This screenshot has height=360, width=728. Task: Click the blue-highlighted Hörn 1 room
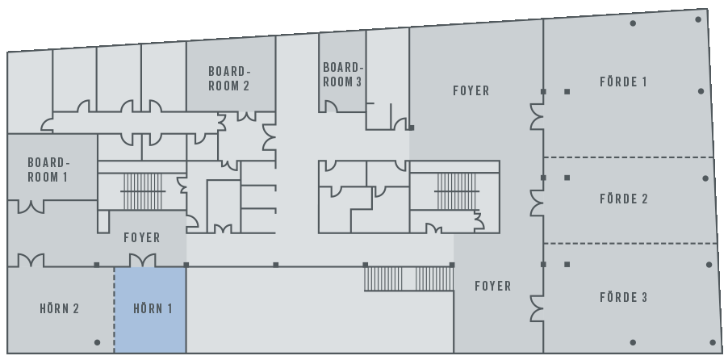pyautogui.click(x=150, y=310)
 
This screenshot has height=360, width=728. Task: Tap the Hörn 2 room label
pyautogui.click(x=60, y=309)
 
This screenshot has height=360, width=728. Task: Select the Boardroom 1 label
pyautogui.click(x=48, y=170)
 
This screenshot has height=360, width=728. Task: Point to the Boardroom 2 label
pyautogui.click(x=229, y=78)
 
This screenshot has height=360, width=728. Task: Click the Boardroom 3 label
pyautogui.click(x=342, y=75)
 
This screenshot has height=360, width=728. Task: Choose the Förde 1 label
pyautogui.click(x=623, y=82)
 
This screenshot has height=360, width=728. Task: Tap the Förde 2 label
pyautogui.click(x=624, y=199)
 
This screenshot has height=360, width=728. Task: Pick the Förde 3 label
pyautogui.click(x=624, y=297)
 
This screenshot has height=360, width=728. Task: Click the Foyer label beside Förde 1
pyautogui.click(x=471, y=90)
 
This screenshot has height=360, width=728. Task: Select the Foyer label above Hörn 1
pyautogui.click(x=142, y=238)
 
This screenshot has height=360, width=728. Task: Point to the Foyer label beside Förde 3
pyautogui.click(x=493, y=286)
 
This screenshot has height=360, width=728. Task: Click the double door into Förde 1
pyautogui.click(x=538, y=116)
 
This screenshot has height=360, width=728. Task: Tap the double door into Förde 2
pyautogui.click(x=538, y=203)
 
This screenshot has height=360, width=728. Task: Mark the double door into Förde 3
pyautogui.click(x=538, y=308)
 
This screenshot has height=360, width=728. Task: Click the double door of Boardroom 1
pyautogui.click(x=31, y=207)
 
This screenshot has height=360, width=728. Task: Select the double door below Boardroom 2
pyautogui.click(x=246, y=116)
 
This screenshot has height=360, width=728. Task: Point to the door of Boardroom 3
pyautogui.click(x=331, y=107)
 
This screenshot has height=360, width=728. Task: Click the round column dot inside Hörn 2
pyautogui.click(x=97, y=342)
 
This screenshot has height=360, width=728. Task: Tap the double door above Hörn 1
pyautogui.click(x=143, y=260)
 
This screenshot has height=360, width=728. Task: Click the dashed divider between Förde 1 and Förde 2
pyautogui.click(x=629, y=157)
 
